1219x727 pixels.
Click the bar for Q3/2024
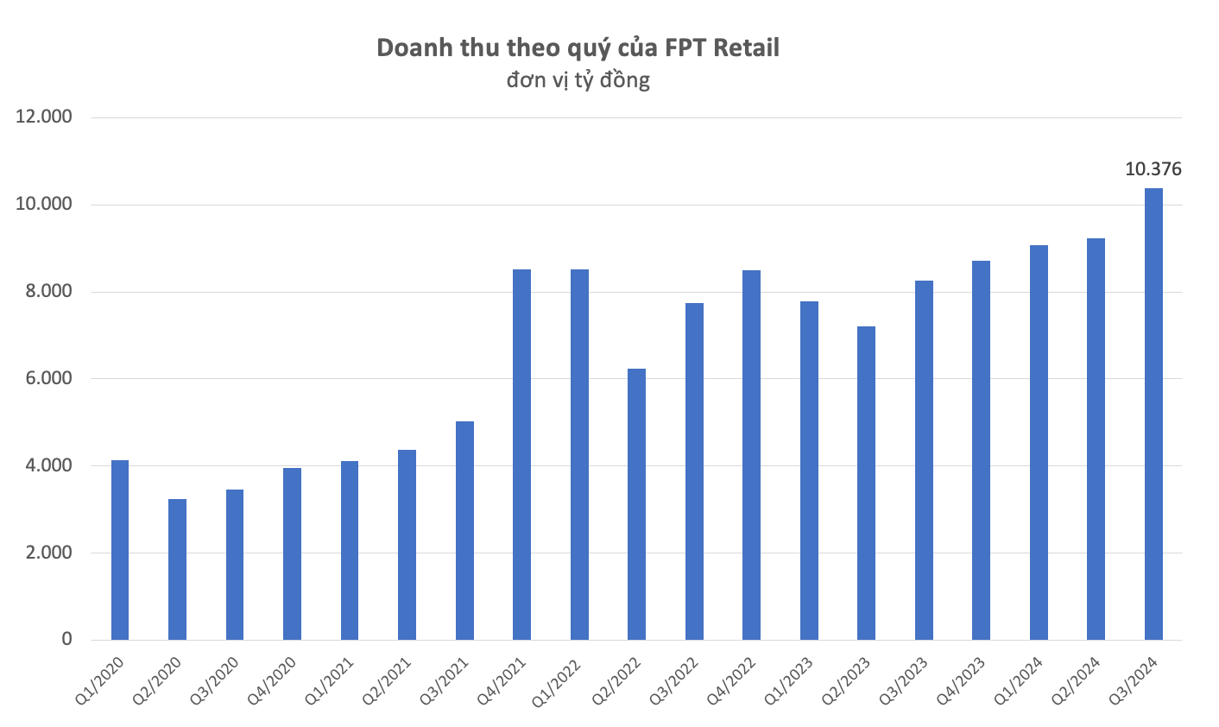point(1153,414)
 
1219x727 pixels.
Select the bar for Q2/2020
point(177,570)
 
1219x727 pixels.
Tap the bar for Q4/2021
point(521,455)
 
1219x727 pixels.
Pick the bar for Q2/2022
point(636,504)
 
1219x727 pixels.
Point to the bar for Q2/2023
point(866,484)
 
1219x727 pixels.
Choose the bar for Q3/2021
point(464,531)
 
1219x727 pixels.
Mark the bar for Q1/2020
point(120,550)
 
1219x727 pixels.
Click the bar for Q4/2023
point(981,451)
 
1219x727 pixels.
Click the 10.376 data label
point(1153,169)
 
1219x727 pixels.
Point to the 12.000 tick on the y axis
point(43,117)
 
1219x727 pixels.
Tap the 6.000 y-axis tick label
point(43,378)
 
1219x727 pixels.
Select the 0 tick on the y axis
point(66,640)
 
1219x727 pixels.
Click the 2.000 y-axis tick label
point(43,553)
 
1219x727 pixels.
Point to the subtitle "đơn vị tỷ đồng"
point(578,80)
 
